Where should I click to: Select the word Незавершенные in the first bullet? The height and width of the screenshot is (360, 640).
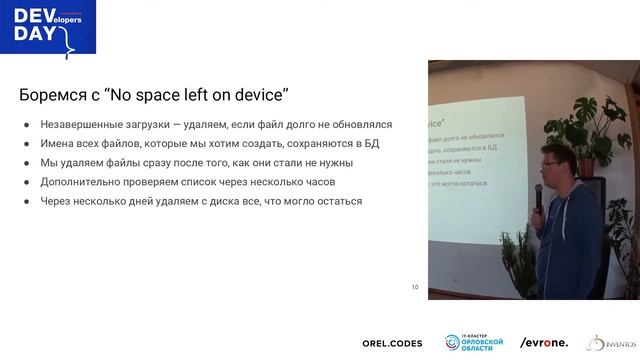pos(85,125)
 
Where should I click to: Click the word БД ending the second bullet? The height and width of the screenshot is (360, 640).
pos(372,144)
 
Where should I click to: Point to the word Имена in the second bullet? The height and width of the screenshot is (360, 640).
pos(58,144)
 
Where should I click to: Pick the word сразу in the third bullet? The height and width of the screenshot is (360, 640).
pos(167,163)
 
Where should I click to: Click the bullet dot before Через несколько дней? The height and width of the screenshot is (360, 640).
pos(27,201)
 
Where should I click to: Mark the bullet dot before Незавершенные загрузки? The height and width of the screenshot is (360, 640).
pos(27,125)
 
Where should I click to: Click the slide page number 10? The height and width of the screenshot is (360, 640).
pos(415,288)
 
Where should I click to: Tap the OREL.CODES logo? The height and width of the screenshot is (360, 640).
pos(392,343)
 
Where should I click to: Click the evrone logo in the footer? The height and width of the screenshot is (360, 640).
pos(544,343)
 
